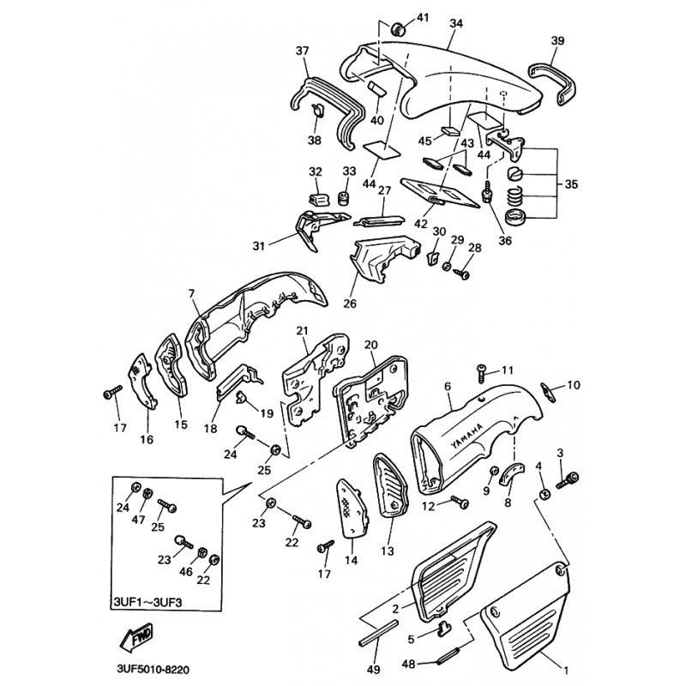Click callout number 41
(422, 18)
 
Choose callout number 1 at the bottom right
(564, 667)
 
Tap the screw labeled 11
(481, 371)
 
